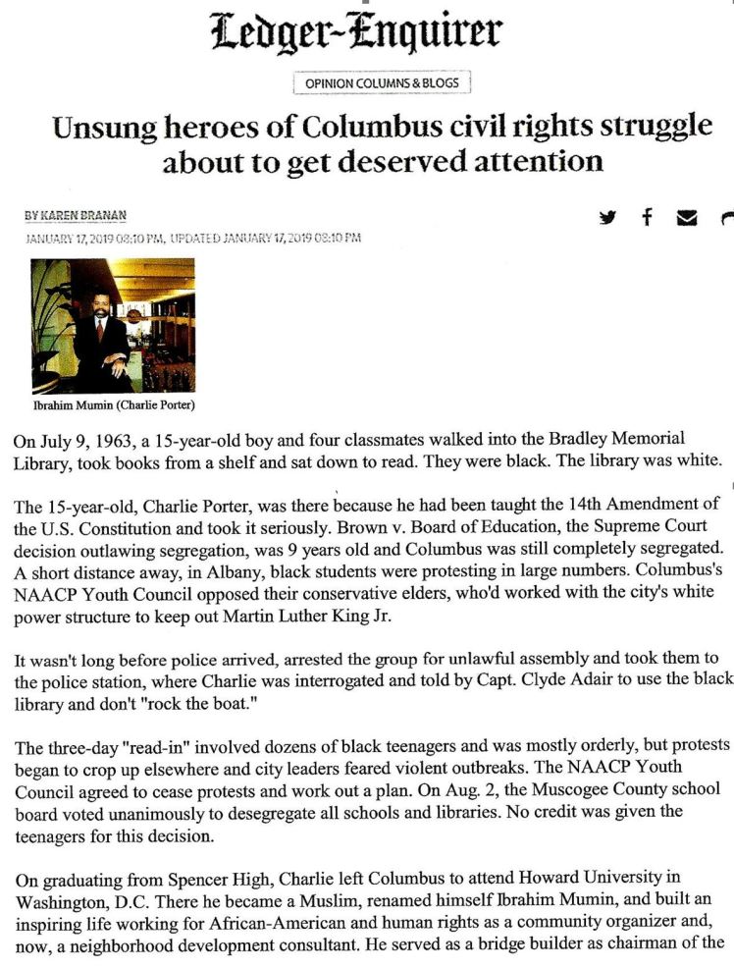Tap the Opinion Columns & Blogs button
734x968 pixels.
pos(382,83)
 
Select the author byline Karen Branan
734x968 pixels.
pos(96,216)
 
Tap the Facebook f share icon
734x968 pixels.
pos(647,217)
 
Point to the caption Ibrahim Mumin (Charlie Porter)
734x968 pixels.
pos(113,406)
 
